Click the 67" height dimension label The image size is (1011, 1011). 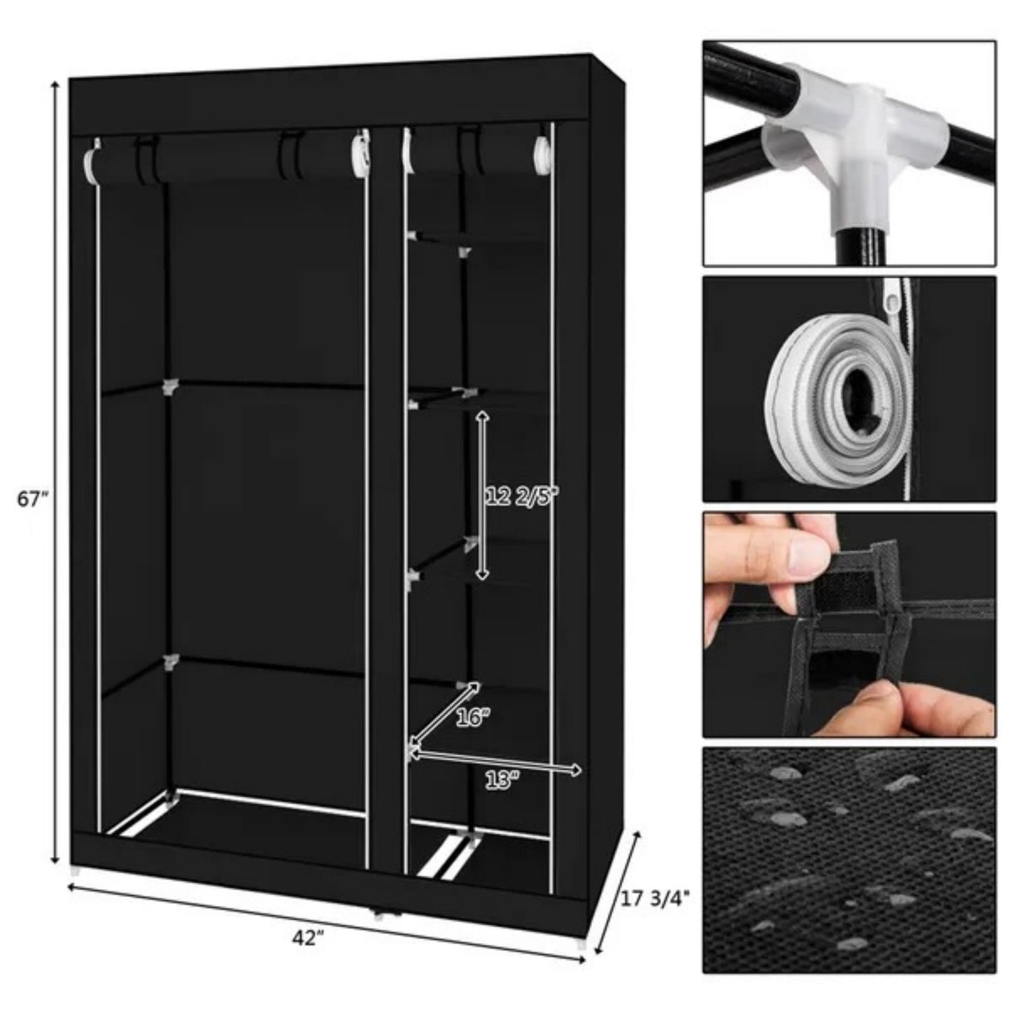coord(34,500)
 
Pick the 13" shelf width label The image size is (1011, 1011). coord(502,782)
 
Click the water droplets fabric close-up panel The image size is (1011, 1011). coord(849,860)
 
